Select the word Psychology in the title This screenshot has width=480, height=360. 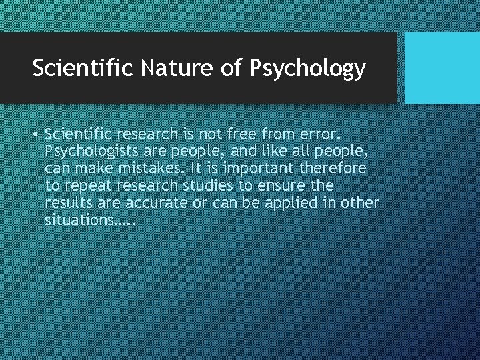(307, 69)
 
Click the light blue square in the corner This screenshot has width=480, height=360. (442, 67)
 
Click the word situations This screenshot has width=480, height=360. (78, 220)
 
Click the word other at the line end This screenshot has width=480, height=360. (359, 203)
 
